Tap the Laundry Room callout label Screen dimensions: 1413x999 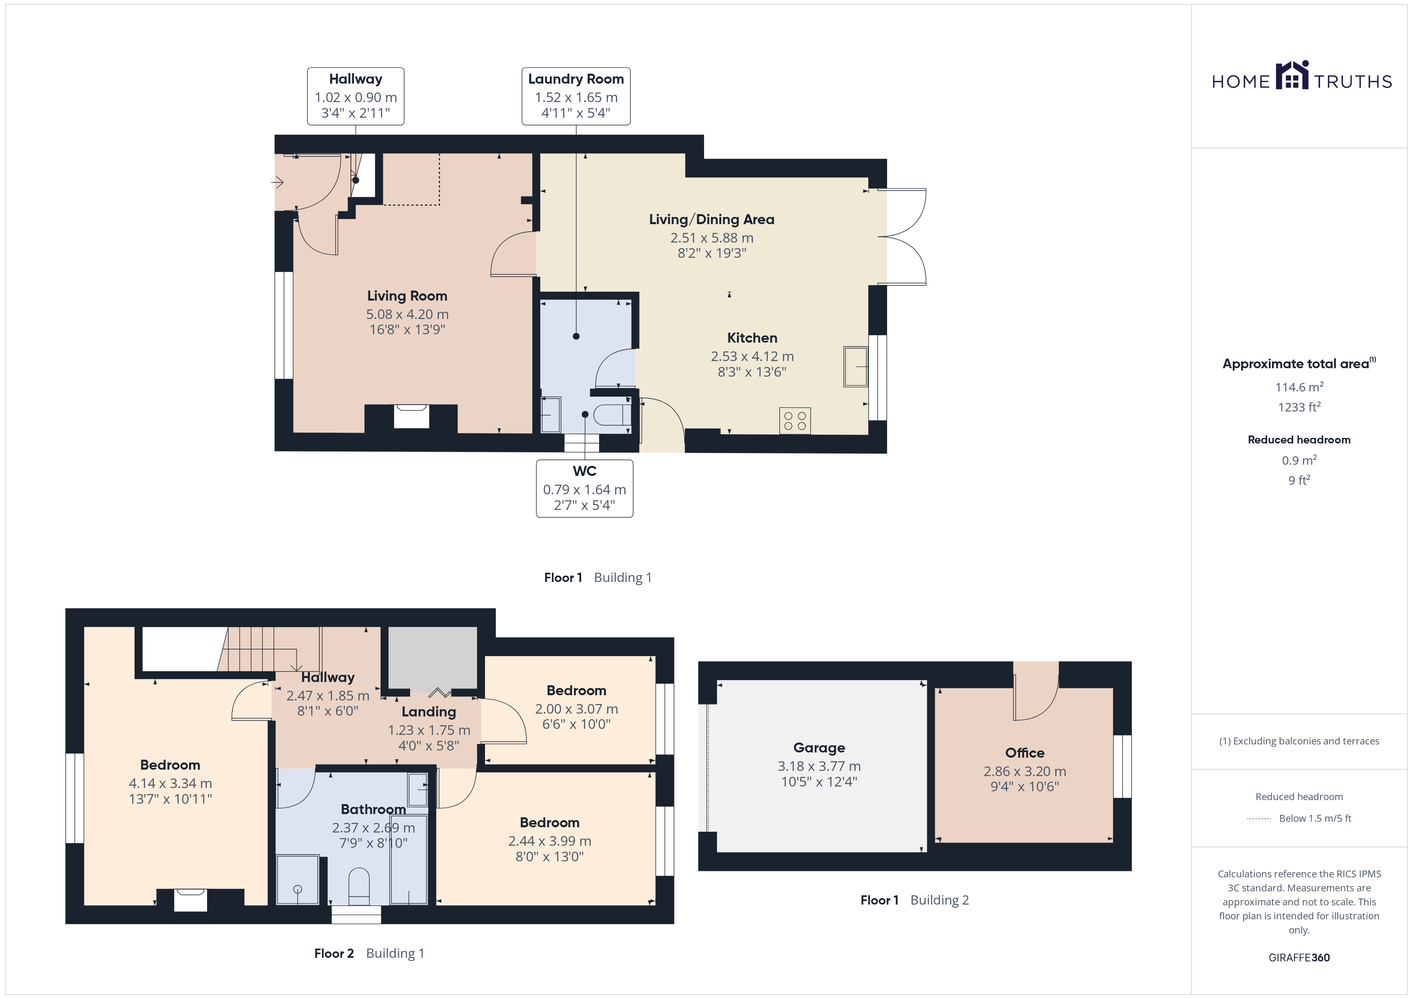pos(576,79)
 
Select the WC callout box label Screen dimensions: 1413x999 pos(585,471)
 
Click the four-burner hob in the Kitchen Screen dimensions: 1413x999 pos(795,421)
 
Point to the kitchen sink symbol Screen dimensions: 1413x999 pos(855,367)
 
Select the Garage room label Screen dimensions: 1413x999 pos(819,748)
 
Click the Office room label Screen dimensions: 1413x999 pos(1025,753)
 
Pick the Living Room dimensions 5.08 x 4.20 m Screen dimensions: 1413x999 pos(407,314)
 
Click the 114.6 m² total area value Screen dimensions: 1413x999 pos(1299,387)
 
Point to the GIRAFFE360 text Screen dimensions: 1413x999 pos(1299,958)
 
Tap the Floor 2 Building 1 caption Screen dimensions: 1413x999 pos(369,953)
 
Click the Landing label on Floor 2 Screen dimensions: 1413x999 pos(429,712)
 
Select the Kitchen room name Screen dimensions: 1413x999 pos(752,338)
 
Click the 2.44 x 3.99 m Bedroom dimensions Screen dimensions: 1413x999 pos(549,841)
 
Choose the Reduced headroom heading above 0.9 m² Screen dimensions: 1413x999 pos(1299,440)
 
